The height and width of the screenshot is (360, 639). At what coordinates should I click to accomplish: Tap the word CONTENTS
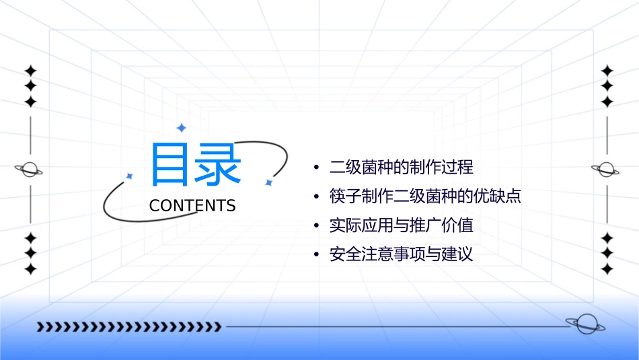point(192,206)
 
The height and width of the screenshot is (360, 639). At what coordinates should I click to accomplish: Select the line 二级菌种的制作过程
point(402,166)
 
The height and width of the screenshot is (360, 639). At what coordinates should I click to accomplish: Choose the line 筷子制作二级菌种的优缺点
point(425,196)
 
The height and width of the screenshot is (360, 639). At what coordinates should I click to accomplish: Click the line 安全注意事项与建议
point(402,255)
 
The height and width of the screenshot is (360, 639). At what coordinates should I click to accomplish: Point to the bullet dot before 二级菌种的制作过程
point(315,167)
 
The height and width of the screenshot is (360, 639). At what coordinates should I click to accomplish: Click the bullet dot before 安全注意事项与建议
point(315,256)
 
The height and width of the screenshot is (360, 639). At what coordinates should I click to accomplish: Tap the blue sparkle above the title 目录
point(181,128)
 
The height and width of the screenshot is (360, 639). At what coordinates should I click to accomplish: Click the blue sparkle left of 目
point(130,176)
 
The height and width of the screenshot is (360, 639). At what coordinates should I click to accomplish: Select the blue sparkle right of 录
point(268,182)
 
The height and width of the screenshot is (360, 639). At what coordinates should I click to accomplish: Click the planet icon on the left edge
point(30,170)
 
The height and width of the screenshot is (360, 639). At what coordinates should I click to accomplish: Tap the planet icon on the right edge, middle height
point(606,170)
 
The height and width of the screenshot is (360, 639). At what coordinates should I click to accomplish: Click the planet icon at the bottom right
point(585,324)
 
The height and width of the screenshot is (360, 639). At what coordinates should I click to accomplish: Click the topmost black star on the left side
point(30,71)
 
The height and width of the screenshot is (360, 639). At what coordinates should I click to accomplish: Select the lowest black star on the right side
point(607,268)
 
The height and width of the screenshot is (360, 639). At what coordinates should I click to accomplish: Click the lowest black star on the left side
point(30,268)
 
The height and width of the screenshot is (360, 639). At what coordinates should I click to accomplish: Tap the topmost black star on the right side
point(607,71)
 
